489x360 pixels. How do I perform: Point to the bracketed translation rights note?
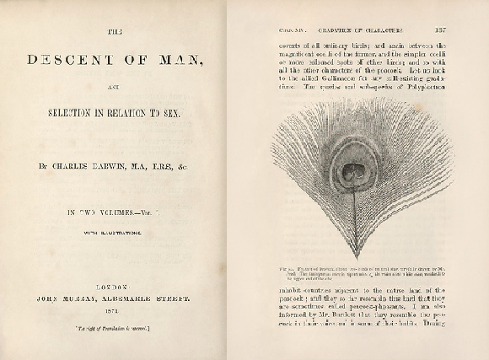[x=114, y=325]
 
